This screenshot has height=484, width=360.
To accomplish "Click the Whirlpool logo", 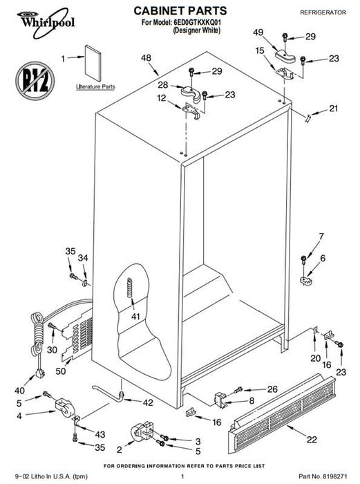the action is coord(46,23).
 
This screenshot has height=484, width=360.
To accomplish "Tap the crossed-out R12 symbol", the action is coord(35,81).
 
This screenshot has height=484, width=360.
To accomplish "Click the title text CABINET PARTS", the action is coord(180,11).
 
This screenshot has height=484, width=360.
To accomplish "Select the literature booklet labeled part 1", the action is coord(93,64).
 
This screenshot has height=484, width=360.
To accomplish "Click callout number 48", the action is coord(146,57).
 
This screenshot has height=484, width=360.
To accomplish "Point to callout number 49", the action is coord(258,32).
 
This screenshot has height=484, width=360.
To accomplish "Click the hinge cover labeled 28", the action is coord(190,94).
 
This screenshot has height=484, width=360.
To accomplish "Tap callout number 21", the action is coord(334,109).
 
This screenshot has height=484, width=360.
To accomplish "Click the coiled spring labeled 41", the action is coord(130,288).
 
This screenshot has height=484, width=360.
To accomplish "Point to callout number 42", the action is coord(148,402).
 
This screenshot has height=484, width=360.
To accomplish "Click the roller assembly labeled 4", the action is coord(64,407).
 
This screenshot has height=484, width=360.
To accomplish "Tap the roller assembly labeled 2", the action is coord(142,431).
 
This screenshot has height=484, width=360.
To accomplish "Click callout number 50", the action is coord(61,371).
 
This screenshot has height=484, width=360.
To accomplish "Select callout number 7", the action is coord(321,236).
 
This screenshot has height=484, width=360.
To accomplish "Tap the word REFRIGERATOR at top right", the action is coord(323,12).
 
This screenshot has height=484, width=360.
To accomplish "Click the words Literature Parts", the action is coord(95,86).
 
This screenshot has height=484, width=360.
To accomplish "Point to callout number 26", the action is coord(272,389).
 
